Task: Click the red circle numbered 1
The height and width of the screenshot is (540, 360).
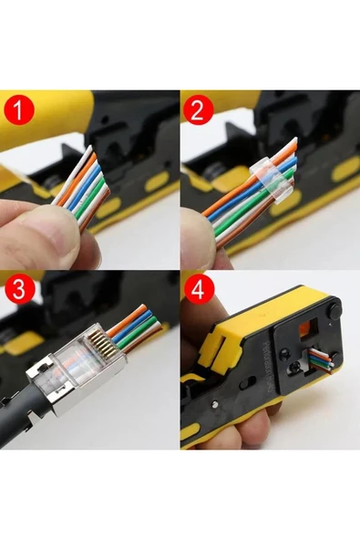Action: pyautogui.click(x=21, y=112)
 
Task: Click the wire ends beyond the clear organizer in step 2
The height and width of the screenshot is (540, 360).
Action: pyautogui.click(x=287, y=155)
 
